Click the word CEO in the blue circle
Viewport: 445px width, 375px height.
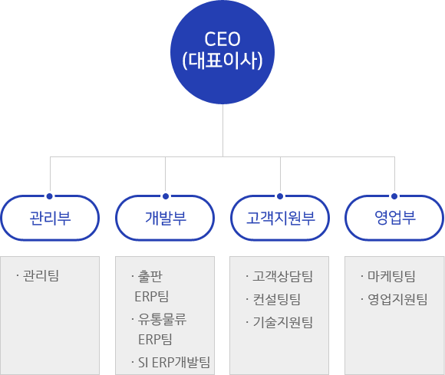click(222, 39)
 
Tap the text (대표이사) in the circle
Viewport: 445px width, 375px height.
click(222, 61)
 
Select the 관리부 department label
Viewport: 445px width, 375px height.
click(50, 218)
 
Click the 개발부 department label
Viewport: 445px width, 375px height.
click(166, 218)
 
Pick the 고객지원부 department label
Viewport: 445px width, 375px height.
click(280, 218)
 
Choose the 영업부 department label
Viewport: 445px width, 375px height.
click(395, 218)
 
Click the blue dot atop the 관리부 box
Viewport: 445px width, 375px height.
click(50, 196)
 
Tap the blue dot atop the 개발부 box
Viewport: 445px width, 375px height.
click(166, 196)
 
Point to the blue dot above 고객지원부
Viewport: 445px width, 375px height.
click(280, 196)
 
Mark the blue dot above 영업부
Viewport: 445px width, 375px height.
click(394, 196)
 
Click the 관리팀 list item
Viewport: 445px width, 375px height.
click(41, 276)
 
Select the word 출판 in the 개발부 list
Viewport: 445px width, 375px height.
click(150, 276)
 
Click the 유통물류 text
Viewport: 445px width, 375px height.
click(162, 320)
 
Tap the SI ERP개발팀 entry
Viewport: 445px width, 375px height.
click(174, 362)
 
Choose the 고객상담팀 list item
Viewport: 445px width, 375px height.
click(282, 276)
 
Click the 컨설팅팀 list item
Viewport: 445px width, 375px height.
click(277, 299)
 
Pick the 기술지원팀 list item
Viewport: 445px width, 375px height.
click(282, 322)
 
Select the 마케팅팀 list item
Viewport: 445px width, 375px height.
click(391, 276)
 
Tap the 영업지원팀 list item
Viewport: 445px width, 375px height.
click(397, 299)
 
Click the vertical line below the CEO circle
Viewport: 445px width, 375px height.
click(222, 130)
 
